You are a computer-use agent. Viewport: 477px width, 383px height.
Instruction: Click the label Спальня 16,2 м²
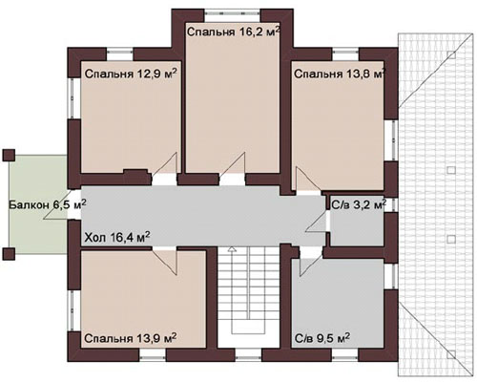pyautogui.click(x=234, y=32)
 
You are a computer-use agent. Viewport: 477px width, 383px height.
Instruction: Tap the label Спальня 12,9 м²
pyautogui.click(x=131, y=74)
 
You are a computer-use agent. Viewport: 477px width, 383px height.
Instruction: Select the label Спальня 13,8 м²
pyautogui.click(x=340, y=74)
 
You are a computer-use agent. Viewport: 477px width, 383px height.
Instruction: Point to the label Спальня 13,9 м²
pyautogui.click(x=131, y=338)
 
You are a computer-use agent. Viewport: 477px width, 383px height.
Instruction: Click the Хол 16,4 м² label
pyautogui.click(x=116, y=237)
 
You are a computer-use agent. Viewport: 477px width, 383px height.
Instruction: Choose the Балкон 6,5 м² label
pyautogui.click(x=47, y=204)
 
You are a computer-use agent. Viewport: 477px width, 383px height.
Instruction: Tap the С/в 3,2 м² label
pyautogui.click(x=359, y=204)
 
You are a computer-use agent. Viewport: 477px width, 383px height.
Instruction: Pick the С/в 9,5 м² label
pyautogui.click(x=322, y=338)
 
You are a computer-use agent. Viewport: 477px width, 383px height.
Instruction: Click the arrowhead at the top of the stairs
pyautogui.click(x=233, y=248)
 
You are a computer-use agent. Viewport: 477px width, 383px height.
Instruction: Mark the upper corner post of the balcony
pyautogui.click(x=9, y=155)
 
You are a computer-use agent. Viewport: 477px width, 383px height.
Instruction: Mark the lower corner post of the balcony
pyautogui.click(x=9, y=254)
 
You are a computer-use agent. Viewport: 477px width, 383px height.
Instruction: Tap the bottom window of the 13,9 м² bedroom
pyautogui.click(x=153, y=354)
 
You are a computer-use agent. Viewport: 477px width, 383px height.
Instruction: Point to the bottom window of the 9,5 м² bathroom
pyautogui.click(x=345, y=354)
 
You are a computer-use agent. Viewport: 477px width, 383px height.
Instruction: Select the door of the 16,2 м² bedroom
pyautogui.click(x=233, y=164)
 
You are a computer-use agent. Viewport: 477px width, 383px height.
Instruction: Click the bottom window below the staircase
pyautogui.click(x=248, y=354)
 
